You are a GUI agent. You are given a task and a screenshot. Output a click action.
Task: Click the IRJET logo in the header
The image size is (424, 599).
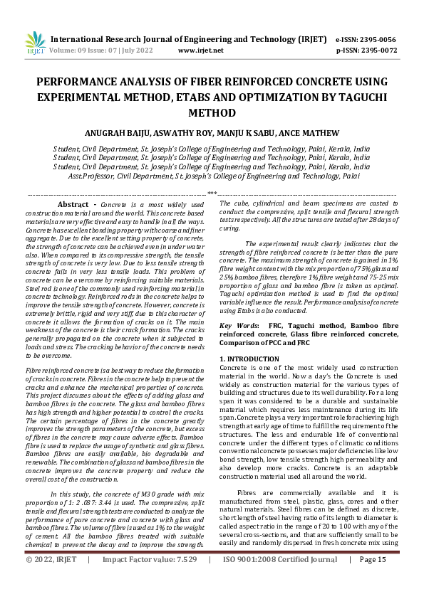coord(35,43)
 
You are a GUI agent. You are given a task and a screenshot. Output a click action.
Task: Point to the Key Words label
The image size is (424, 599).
coord(239,324)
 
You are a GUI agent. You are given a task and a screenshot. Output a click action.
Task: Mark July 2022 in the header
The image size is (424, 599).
coord(138,51)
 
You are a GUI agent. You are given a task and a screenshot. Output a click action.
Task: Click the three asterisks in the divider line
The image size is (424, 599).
coord(212,193)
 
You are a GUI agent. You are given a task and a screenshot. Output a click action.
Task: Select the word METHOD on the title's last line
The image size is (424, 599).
coord(212,112)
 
